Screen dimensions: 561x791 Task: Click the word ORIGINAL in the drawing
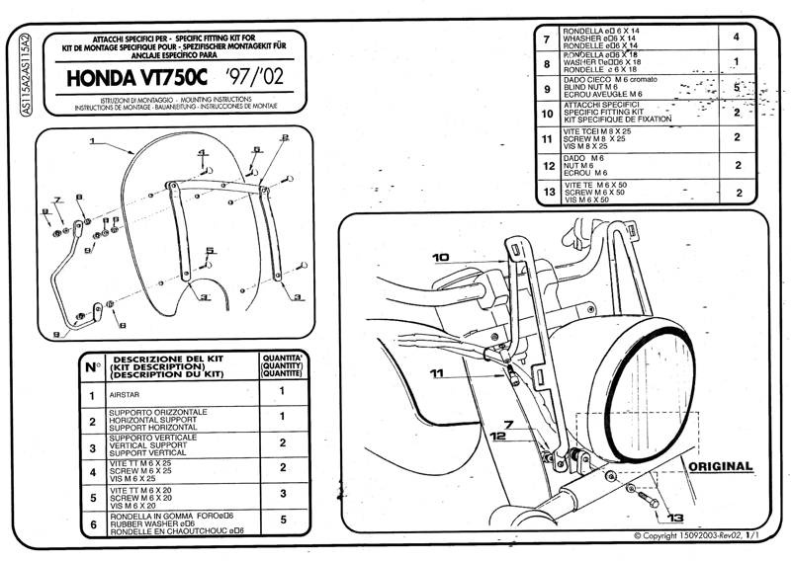coord(718,465)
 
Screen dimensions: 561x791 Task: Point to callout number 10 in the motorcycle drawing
coord(440,257)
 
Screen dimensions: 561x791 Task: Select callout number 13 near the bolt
coord(675,517)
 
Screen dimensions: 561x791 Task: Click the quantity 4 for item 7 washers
coord(737,38)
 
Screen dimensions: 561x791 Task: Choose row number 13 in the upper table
coord(548,192)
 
